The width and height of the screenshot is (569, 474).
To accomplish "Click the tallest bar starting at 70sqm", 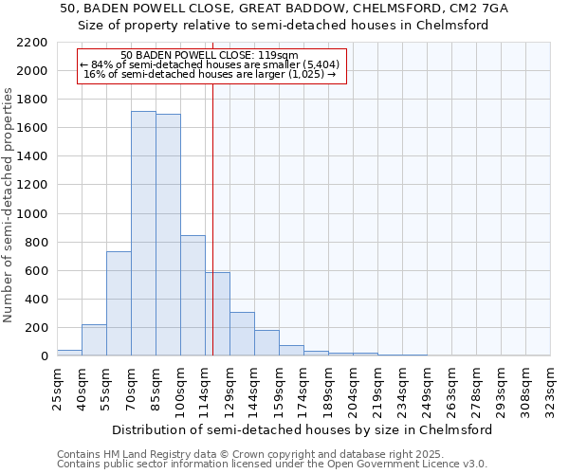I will point(143,233).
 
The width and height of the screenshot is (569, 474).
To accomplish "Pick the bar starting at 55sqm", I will point(119,303).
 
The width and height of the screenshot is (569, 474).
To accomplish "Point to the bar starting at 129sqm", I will point(242,334).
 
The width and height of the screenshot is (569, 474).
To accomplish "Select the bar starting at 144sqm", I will point(266,343).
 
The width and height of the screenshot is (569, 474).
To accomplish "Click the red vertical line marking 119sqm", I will point(212,218).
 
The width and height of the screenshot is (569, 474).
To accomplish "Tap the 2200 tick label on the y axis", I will point(31,43).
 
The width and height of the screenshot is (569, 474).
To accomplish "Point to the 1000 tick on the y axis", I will point(31,214).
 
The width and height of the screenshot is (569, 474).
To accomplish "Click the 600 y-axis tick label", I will point(35,271).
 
